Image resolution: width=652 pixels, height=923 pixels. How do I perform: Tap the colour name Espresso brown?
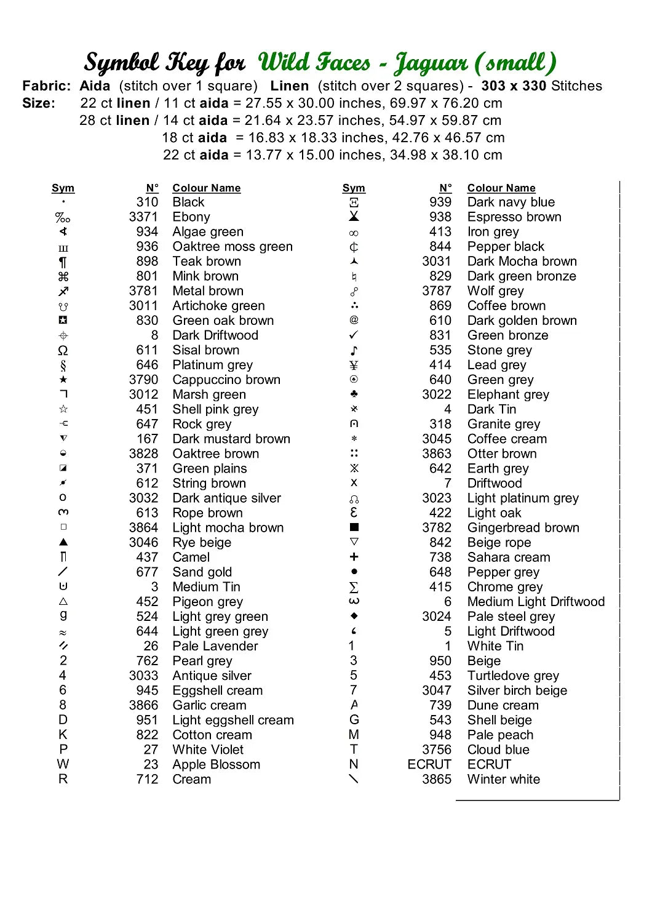(514, 217)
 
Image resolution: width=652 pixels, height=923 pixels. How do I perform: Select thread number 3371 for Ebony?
(143, 217)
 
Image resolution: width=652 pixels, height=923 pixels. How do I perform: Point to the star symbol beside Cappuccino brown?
(63, 380)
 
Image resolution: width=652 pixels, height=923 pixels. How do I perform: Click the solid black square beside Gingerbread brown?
(354, 527)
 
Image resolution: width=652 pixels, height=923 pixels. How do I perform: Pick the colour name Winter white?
(503, 780)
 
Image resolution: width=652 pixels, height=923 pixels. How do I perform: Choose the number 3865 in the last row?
(437, 780)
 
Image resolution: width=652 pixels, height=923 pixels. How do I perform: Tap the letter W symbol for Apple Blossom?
(63, 765)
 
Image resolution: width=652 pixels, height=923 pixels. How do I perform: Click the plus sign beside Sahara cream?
(354, 557)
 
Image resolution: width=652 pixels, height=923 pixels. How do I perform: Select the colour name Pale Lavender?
(215, 646)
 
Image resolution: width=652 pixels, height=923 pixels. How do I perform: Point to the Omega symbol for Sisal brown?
(63, 351)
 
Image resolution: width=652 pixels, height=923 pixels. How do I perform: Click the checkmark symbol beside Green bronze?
(354, 335)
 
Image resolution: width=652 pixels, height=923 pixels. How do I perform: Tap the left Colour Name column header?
(206, 188)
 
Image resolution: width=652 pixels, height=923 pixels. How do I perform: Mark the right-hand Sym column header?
(354, 188)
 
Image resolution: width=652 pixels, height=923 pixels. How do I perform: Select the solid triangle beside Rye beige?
(63, 542)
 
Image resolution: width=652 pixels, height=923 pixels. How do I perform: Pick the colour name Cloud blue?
(498, 750)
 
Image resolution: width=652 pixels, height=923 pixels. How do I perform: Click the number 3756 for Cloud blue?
(437, 750)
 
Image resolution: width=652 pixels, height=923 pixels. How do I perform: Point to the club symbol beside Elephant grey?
(354, 394)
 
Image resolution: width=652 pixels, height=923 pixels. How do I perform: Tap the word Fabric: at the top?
(47, 86)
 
